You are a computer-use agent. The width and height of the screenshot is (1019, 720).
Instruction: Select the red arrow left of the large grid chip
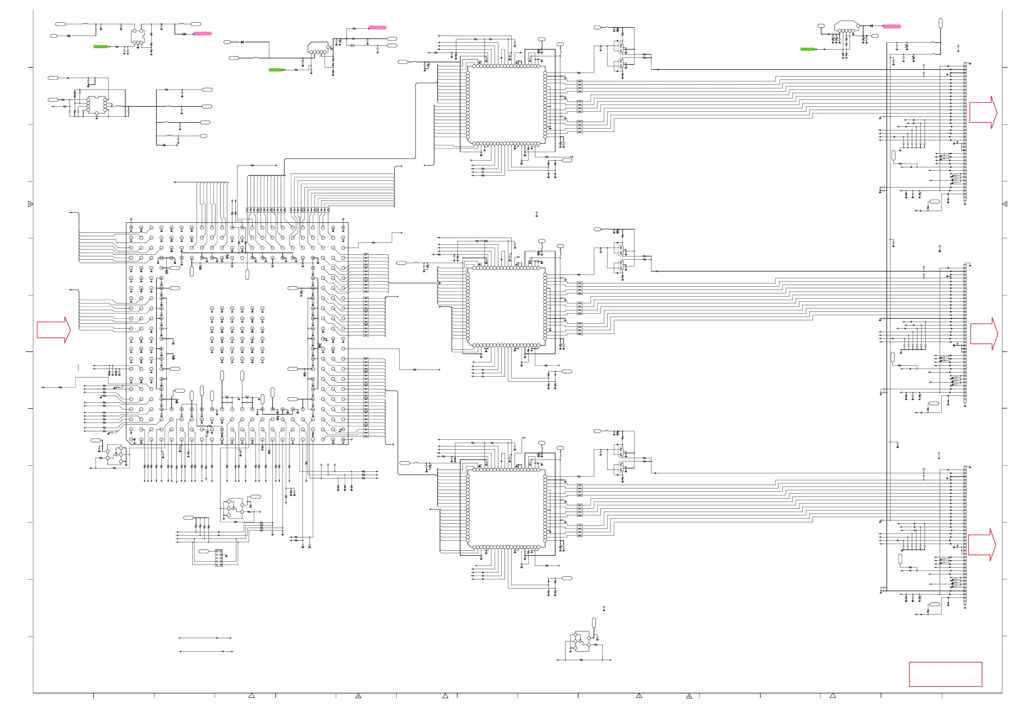pos(53,330)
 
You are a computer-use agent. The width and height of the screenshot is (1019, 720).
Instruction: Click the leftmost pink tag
pos(203,34)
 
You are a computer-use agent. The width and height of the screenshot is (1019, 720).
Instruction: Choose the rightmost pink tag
pos(892,27)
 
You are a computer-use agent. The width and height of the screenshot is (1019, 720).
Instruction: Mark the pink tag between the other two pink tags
pos(378,28)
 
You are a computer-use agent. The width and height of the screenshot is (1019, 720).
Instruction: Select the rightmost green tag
pos(808,49)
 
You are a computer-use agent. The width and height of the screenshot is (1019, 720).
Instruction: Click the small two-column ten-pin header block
pos(218,559)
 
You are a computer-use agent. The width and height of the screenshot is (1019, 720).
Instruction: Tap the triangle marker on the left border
pos(30,204)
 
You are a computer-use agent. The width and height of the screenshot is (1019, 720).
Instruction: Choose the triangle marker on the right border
pos(1005,204)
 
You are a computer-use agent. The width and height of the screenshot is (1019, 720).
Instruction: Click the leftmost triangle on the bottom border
pos(251,696)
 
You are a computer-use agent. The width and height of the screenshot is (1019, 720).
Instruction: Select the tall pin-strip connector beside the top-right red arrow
pos(965,133)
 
